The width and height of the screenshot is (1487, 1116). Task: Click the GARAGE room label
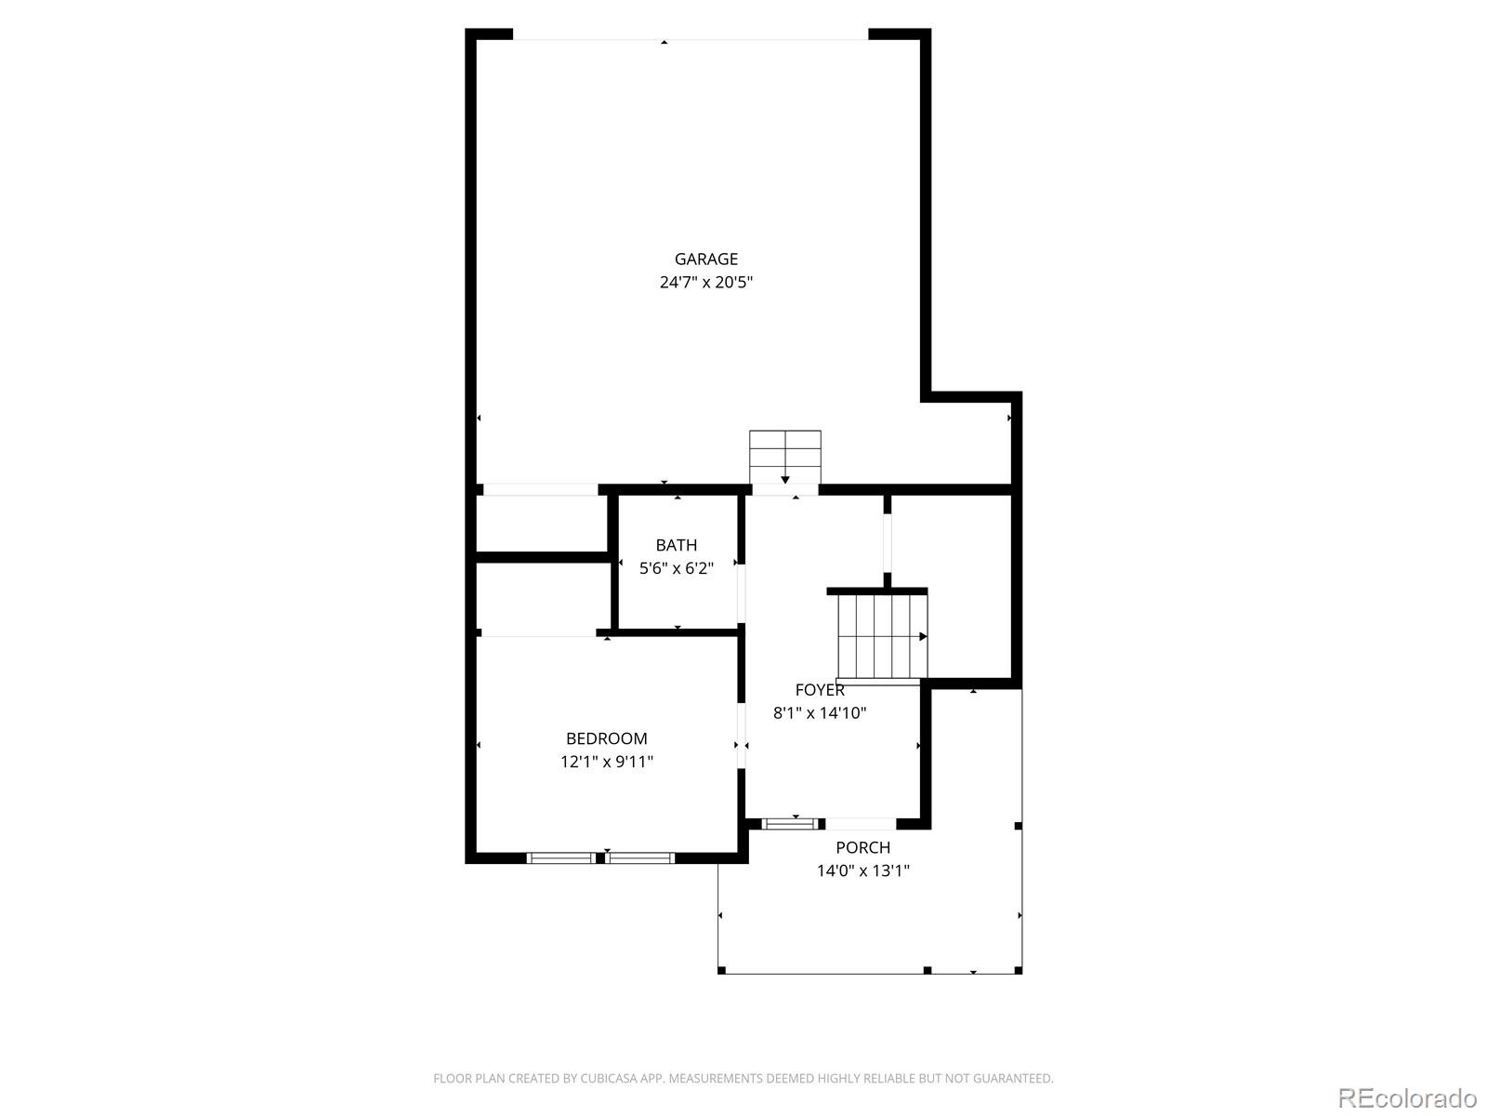[706, 259]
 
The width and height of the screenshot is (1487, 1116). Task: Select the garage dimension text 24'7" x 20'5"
[706, 282]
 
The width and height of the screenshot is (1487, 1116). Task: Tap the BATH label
[676, 545]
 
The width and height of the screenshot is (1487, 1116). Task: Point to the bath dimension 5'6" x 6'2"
[676, 568]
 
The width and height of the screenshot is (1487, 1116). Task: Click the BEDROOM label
[606, 737]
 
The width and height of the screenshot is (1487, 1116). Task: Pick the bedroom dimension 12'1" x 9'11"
[606, 762]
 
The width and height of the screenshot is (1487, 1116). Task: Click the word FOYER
[820, 690]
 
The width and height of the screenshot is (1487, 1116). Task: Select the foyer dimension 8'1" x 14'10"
[820, 712]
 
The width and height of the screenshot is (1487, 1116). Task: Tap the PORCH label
[863, 847]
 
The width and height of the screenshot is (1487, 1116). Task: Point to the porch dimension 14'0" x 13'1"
[863, 870]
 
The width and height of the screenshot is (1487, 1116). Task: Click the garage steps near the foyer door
[785, 457]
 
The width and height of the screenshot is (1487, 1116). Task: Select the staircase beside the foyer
[883, 636]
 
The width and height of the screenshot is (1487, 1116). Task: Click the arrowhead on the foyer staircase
[923, 636]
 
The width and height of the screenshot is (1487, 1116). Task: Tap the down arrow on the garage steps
[785, 480]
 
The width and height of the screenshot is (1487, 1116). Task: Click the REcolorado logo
[1407, 1097]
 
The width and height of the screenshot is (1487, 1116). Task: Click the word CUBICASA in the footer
[608, 1078]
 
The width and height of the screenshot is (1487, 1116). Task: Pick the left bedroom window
[561, 857]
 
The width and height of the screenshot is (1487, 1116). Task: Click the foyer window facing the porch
[790, 824]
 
